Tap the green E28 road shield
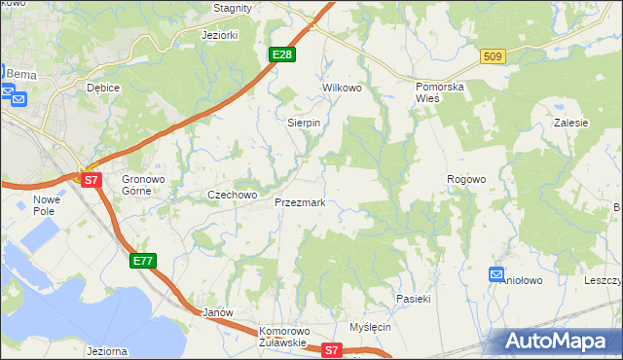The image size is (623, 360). (282, 54)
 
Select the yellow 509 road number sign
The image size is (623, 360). (492, 57)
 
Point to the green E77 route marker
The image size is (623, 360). (142, 261)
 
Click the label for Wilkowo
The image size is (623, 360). (342, 88)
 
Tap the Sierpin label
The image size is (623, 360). (304, 124)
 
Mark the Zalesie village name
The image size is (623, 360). (571, 124)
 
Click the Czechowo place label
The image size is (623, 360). (232, 195)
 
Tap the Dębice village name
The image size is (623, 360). (102, 88)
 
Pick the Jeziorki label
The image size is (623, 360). (219, 35)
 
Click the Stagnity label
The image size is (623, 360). (233, 8)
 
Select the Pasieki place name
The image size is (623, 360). (413, 299)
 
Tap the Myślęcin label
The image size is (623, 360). (370, 327)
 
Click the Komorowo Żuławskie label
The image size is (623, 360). (283, 337)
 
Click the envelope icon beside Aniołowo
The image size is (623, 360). (496, 275)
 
